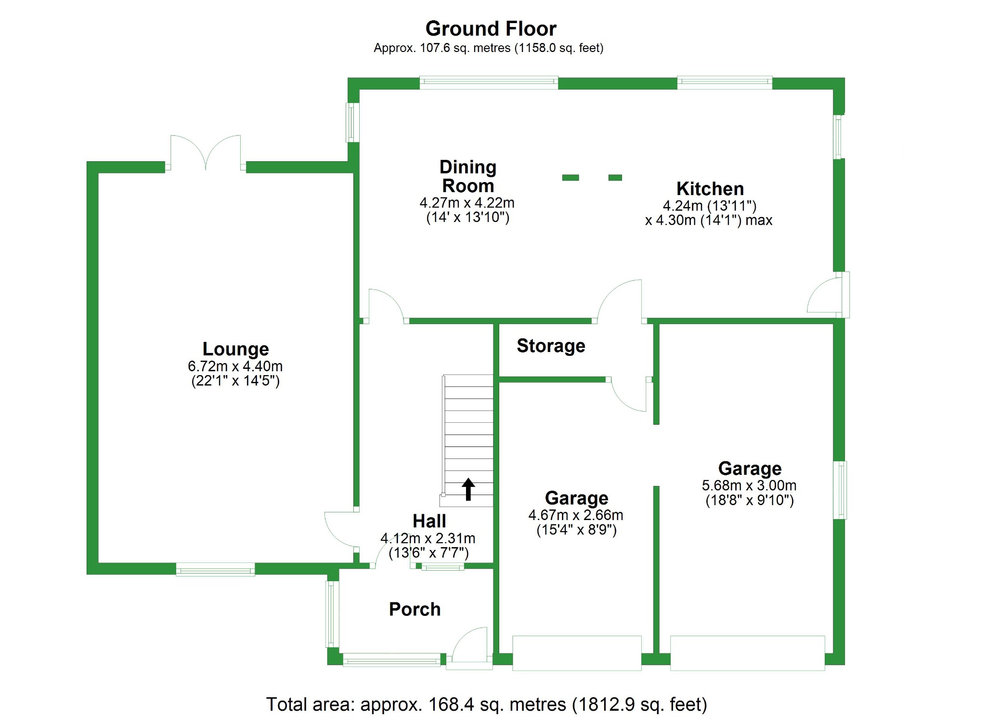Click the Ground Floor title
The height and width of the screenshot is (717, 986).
[491, 29]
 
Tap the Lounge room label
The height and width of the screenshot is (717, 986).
[235, 349]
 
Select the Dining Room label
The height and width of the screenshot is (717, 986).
[468, 176]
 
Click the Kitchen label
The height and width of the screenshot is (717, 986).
[710, 188]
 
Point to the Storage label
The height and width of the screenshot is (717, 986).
[551, 346]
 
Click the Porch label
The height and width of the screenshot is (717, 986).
[415, 609]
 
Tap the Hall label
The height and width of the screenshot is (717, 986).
[429, 521]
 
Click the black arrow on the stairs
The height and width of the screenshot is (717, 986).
[468, 489]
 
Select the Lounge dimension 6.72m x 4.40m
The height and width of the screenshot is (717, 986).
[235, 366]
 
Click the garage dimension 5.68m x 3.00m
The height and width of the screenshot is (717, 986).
[749, 485]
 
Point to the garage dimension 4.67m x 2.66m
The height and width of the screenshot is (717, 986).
[575, 515]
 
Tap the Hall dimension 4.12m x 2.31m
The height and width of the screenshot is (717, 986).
[428, 538]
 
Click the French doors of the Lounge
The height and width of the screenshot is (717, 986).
[206, 153]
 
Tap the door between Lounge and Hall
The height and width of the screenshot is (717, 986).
[341, 529]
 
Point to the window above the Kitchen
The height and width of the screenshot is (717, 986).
[725, 82]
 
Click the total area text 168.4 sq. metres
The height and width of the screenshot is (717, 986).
[486, 704]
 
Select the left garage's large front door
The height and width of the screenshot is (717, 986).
[577, 653]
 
